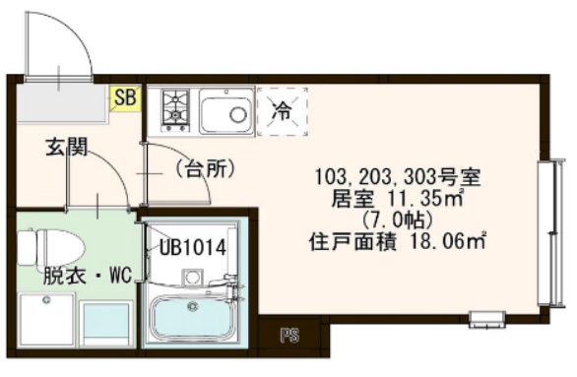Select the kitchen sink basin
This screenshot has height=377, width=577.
(225, 111)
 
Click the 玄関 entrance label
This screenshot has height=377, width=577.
(66, 149)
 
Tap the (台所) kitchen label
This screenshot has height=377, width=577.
(204, 169)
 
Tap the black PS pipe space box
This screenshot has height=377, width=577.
(289, 336)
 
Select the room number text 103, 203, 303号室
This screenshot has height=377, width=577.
(396, 178)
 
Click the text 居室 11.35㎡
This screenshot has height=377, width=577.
(399, 198)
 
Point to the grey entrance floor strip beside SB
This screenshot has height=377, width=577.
(59, 100)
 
